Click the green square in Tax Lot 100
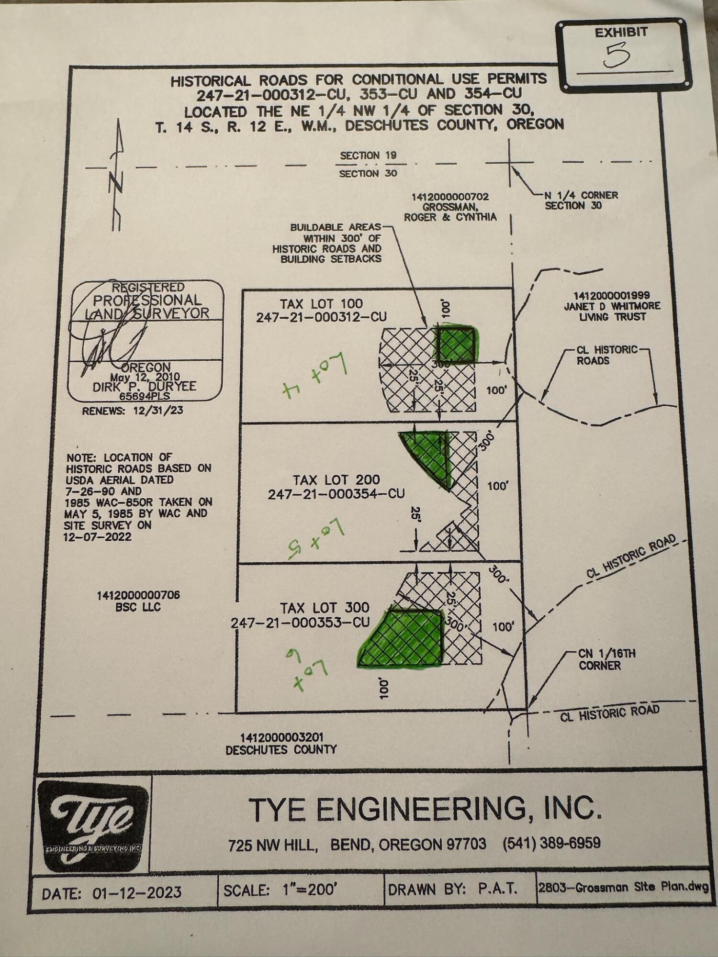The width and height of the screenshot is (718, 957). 455,344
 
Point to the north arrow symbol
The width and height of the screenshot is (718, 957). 117,177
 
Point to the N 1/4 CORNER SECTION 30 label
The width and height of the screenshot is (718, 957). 581,200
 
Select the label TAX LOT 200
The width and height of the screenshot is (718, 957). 336,480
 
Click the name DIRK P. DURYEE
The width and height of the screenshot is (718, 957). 145,386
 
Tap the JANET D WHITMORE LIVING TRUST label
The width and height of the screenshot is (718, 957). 612,306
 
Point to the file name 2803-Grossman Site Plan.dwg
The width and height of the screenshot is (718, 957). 623,888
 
